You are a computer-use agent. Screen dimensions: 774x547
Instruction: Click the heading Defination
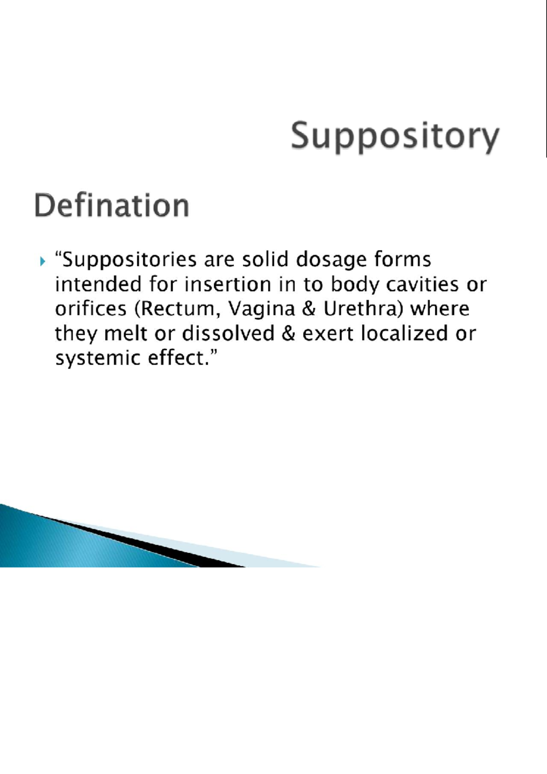click(x=112, y=206)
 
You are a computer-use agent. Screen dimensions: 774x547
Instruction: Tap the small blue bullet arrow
click(x=43, y=262)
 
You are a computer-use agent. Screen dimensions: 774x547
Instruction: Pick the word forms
click(x=403, y=260)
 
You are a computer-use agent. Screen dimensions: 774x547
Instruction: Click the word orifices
click(x=91, y=309)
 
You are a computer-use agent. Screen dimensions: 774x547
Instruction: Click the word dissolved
click(x=228, y=334)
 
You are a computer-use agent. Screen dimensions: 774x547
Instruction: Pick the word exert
click(x=328, y=334)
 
